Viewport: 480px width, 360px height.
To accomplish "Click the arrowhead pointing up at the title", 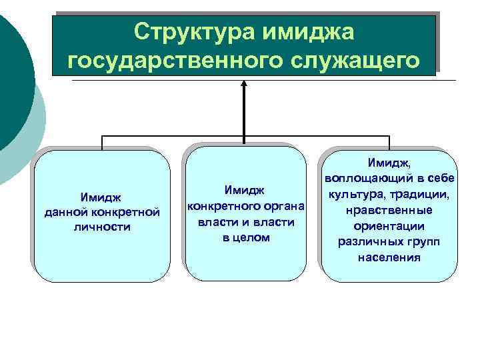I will click(244, 85).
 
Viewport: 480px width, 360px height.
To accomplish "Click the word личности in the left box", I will click(103, 227).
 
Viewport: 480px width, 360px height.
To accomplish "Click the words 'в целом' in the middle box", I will click(246, 237).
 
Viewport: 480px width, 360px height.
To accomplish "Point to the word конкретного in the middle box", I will click(220, 206).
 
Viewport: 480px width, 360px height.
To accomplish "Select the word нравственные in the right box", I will click(389, 211).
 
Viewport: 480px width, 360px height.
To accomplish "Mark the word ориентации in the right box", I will click(389, 226).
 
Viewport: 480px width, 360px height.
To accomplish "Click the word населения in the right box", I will click(389, 257).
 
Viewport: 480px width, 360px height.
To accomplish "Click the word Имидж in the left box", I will click(102, 197).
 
